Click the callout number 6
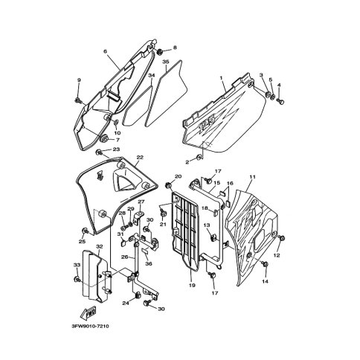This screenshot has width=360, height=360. tap(105, 51)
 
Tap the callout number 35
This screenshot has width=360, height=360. tap(166, 61)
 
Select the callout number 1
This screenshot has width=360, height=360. tap(221, 77)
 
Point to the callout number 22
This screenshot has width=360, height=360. tap(140, 158)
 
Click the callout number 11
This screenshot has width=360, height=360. tap(252, 177)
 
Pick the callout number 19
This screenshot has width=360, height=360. tap(192, 286)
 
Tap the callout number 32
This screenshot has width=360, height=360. tap(99, 247)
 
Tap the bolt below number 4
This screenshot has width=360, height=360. tap(281, 101)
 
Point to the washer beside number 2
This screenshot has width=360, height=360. tap(199, 157)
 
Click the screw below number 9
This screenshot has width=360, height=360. tap(78, 100)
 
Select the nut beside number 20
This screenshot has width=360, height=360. tap(168, 185)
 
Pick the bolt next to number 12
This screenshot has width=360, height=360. tap(282, 238)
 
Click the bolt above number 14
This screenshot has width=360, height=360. tap(266, 264)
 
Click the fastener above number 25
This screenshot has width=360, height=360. tap(85, 231)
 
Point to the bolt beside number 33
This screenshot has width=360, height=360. tap(77, 279)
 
